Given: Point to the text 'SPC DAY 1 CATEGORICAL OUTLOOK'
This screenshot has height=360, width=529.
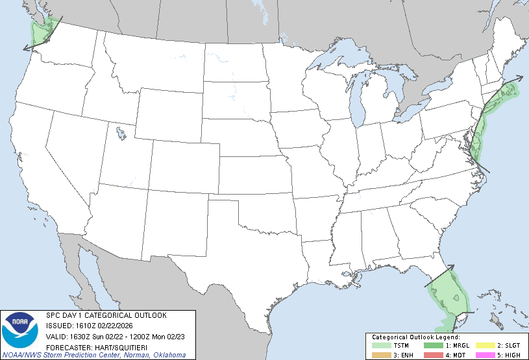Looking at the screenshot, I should [x=106, y=315].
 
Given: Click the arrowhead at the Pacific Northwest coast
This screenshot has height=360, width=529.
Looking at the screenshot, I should [x=25, y=48].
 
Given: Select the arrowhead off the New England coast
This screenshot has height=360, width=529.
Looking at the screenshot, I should [x=519, y=77].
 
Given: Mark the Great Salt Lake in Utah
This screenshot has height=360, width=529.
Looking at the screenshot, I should [x=121, y=134].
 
